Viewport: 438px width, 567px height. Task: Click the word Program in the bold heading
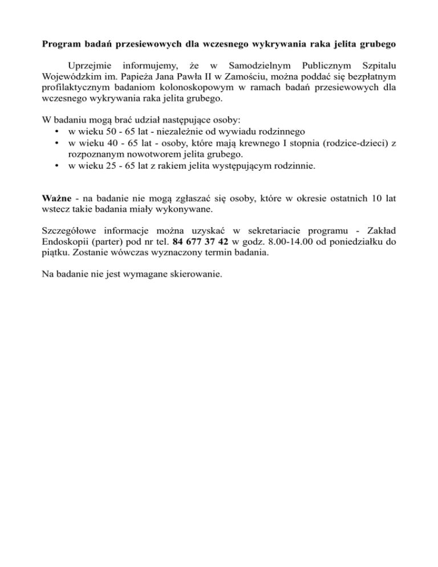tap(63, 43)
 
